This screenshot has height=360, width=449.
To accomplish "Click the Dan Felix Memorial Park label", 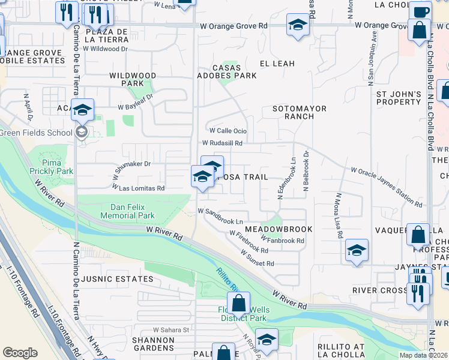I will [x=127, y=211].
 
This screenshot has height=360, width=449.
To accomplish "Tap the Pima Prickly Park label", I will [x=58, y=167].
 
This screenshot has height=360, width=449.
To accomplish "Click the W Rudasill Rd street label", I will [x=222, y=143].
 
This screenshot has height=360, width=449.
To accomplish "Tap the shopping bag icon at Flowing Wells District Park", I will [x=238, y=304].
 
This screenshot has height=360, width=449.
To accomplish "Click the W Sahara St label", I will [x=171, y=329].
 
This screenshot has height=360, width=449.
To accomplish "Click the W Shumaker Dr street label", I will [x=130, y=163].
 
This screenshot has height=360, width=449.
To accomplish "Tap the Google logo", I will [x=20, y=353].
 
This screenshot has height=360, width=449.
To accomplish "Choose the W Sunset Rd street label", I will [x=258, y=259].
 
